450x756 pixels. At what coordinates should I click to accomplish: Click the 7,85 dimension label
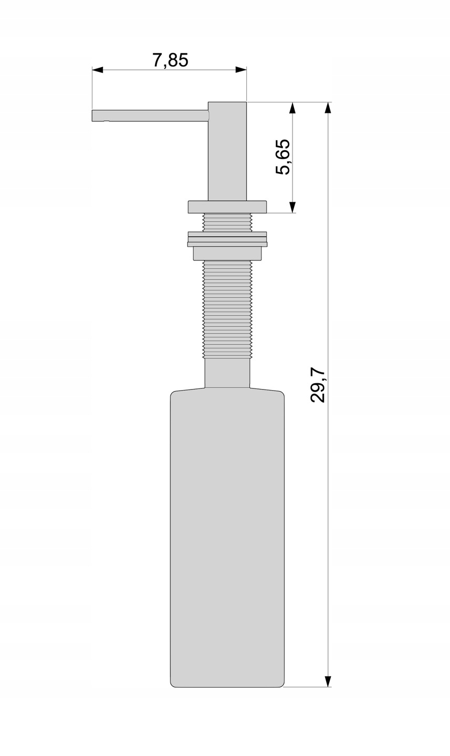pyautogui.click(x=171, y=60)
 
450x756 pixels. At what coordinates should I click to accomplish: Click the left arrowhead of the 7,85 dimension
pyautogui.click(x=97, y=70)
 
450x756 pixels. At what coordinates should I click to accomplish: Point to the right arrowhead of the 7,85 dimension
pyautogui.click(x=241, y=70)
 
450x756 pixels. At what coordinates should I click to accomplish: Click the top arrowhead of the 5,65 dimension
pyautogui.click(x=292, y=108)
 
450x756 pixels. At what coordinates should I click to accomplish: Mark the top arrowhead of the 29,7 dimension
pyautogui.click(x=328, y=108)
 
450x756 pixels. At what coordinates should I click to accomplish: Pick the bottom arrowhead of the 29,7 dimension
pyautogui.click(x=328, y=681)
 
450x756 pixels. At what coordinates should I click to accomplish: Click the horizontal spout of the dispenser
pyautogui.click(x=150, y=115)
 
